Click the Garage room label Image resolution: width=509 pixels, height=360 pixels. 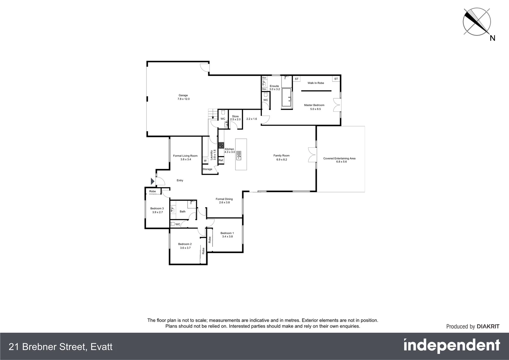click(183, 95)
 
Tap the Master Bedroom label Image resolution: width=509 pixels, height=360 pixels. click(314, 105)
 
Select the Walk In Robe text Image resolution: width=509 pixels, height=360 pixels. click(315, 83)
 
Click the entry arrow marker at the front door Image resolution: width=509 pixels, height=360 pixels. click(153, 181)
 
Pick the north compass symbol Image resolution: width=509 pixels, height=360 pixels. click(477, 22)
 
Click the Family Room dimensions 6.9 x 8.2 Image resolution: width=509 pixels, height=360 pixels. click(281, 160)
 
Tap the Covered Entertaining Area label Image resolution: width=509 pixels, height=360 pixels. click(339, 158)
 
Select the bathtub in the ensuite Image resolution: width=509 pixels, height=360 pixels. click(286, 97)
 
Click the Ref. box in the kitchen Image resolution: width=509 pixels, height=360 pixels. click(221, 160)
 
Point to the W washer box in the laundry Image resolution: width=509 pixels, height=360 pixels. click(205, 161)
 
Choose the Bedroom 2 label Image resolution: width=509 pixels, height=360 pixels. click(185, 244)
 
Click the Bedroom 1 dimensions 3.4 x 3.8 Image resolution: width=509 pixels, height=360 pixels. click(227, 237)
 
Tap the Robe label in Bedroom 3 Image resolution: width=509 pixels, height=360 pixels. click(153, 191)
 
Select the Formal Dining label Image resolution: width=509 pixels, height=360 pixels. click(224, 199)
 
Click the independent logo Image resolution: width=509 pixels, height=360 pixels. click(451, 346)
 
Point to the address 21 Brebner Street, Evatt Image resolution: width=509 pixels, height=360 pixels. click(61, 347)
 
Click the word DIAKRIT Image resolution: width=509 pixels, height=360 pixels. click(488, 327)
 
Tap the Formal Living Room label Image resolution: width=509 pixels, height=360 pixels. click(185, 156)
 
